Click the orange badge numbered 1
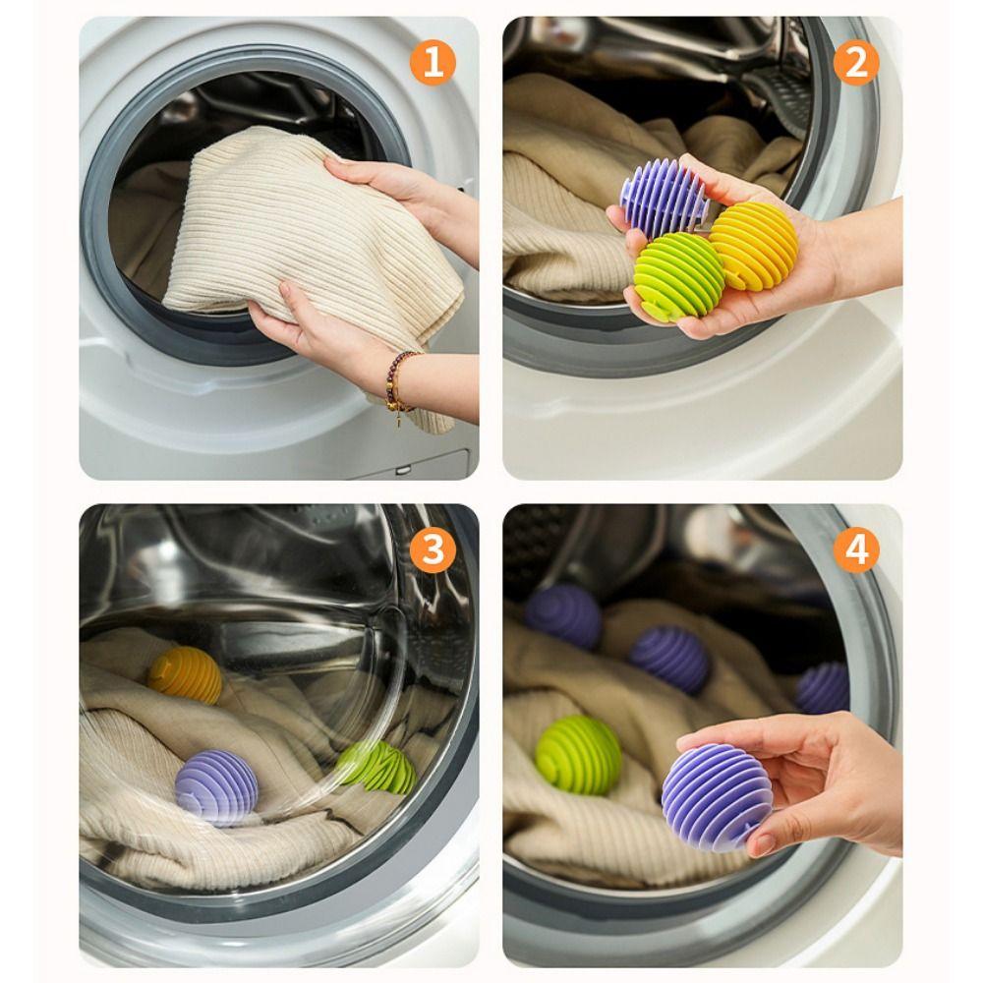(433, 64)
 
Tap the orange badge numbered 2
(855, 64)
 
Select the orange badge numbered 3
(433, 551)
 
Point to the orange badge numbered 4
(855, 551)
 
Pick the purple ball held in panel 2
(665, 197)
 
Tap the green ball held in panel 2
(678, 276)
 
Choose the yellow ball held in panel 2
(755, 245)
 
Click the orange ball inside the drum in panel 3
(185, 675)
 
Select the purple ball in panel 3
(216, 786)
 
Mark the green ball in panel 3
(378, 766)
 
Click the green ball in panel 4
(579, 755)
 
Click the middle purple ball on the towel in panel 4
(669, 659)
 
